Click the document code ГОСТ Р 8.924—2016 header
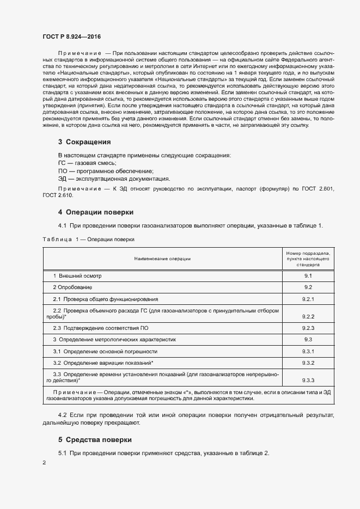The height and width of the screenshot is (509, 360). point(71,36)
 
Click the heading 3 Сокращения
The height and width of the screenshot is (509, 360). point(84,142)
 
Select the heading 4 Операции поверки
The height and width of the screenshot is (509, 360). point(95,212)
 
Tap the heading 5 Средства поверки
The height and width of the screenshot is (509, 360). point(96,439)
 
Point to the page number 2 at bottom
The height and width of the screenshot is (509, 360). point(44,463)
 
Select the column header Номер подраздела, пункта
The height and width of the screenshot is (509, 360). point(308,259)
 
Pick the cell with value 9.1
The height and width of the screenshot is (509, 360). point(308,276)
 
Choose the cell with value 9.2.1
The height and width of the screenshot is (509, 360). point(308,299)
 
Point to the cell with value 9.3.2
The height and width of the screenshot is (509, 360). point(308,363)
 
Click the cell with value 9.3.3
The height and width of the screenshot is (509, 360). point(308,381)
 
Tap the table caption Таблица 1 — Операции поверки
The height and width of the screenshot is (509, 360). point(88,239)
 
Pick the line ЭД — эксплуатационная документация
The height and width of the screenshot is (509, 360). point(114,178)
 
